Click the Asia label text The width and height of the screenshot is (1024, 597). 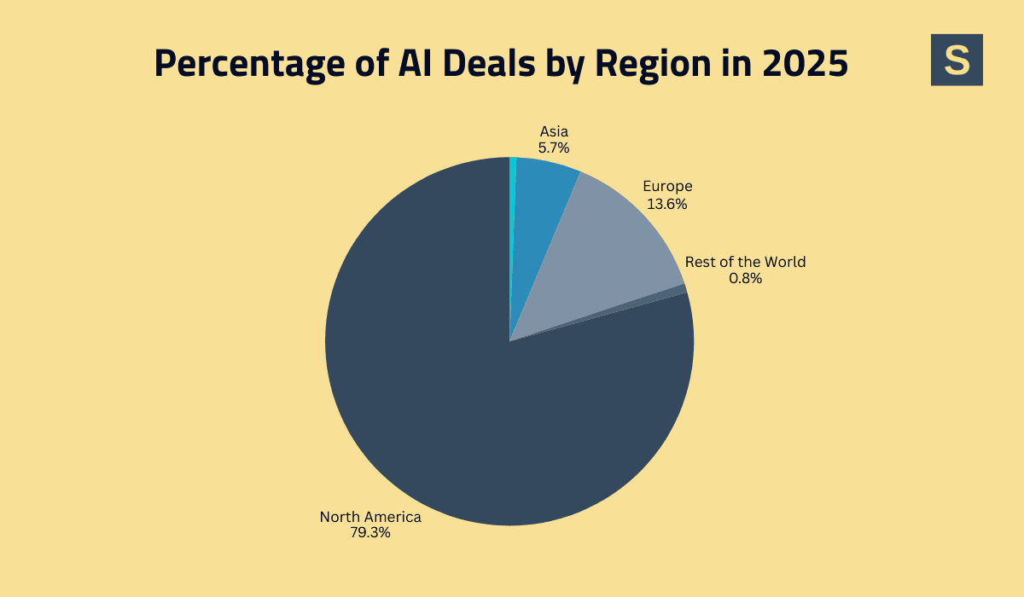554,131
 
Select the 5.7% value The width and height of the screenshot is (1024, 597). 554,148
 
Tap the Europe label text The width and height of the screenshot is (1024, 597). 667,186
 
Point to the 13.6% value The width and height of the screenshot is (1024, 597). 667,204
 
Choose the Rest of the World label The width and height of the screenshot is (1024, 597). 745,262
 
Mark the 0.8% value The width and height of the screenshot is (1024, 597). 745,278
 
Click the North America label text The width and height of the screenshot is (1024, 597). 370,517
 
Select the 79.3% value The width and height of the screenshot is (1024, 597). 370,533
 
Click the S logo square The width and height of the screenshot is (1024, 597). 957,60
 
